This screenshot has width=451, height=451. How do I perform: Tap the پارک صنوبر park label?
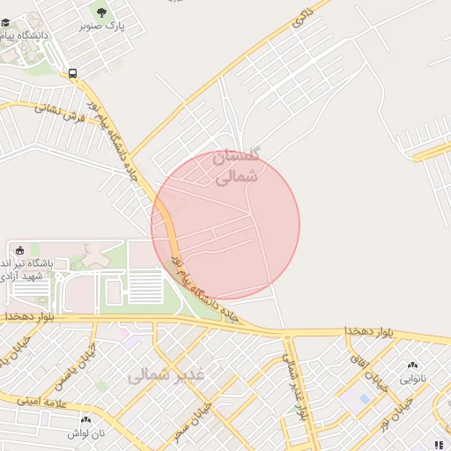(x=102, y=26)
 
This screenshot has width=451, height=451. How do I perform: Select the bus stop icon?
(x=72, y=74)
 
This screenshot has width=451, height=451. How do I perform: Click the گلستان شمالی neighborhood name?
(x=238, y=166)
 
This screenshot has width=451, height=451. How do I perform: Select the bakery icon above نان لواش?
(x=85, y=419)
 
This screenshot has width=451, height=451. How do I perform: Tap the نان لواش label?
(x=87, y=434)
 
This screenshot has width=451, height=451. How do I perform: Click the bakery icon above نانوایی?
(x=412, y=365)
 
